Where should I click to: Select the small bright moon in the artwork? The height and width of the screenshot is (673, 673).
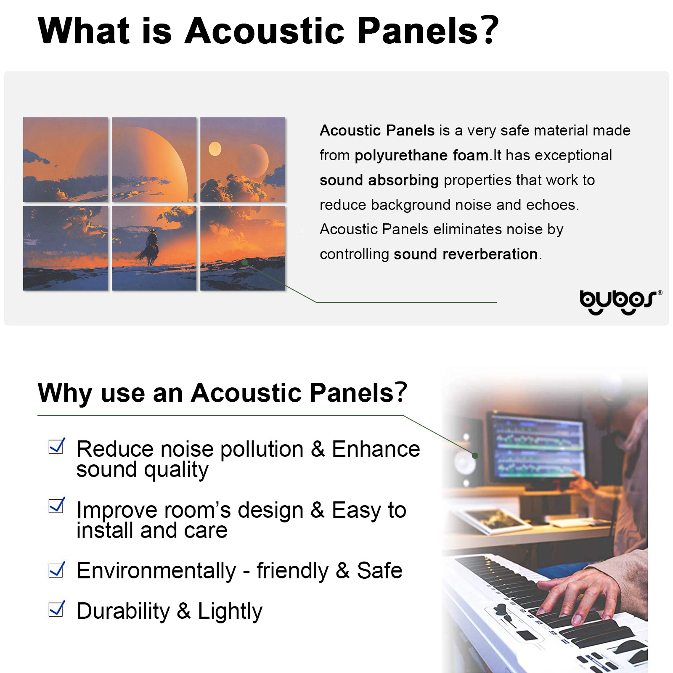coord(215,149)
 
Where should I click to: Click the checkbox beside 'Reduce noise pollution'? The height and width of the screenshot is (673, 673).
coord(56,446)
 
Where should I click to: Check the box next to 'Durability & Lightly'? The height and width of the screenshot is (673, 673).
coord(56,609)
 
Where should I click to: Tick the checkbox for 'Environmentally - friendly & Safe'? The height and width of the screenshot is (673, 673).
coord(56,570)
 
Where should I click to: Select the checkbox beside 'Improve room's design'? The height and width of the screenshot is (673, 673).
coord(56,505)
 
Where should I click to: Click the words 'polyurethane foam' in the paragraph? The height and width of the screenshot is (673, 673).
coord(421,156)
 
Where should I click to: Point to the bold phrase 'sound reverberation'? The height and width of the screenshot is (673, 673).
coord(466,254)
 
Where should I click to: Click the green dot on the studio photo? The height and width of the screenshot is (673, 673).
coord(475,456)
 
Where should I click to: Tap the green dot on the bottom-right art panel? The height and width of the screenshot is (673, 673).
coord(244,262)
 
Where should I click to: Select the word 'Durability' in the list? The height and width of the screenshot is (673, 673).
coord(123,611)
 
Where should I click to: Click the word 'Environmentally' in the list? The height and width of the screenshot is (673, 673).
coord(156,571)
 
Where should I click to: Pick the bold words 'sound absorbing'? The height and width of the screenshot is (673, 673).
coord(379,180)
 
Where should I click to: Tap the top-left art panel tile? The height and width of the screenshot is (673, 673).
coord(65,160)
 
